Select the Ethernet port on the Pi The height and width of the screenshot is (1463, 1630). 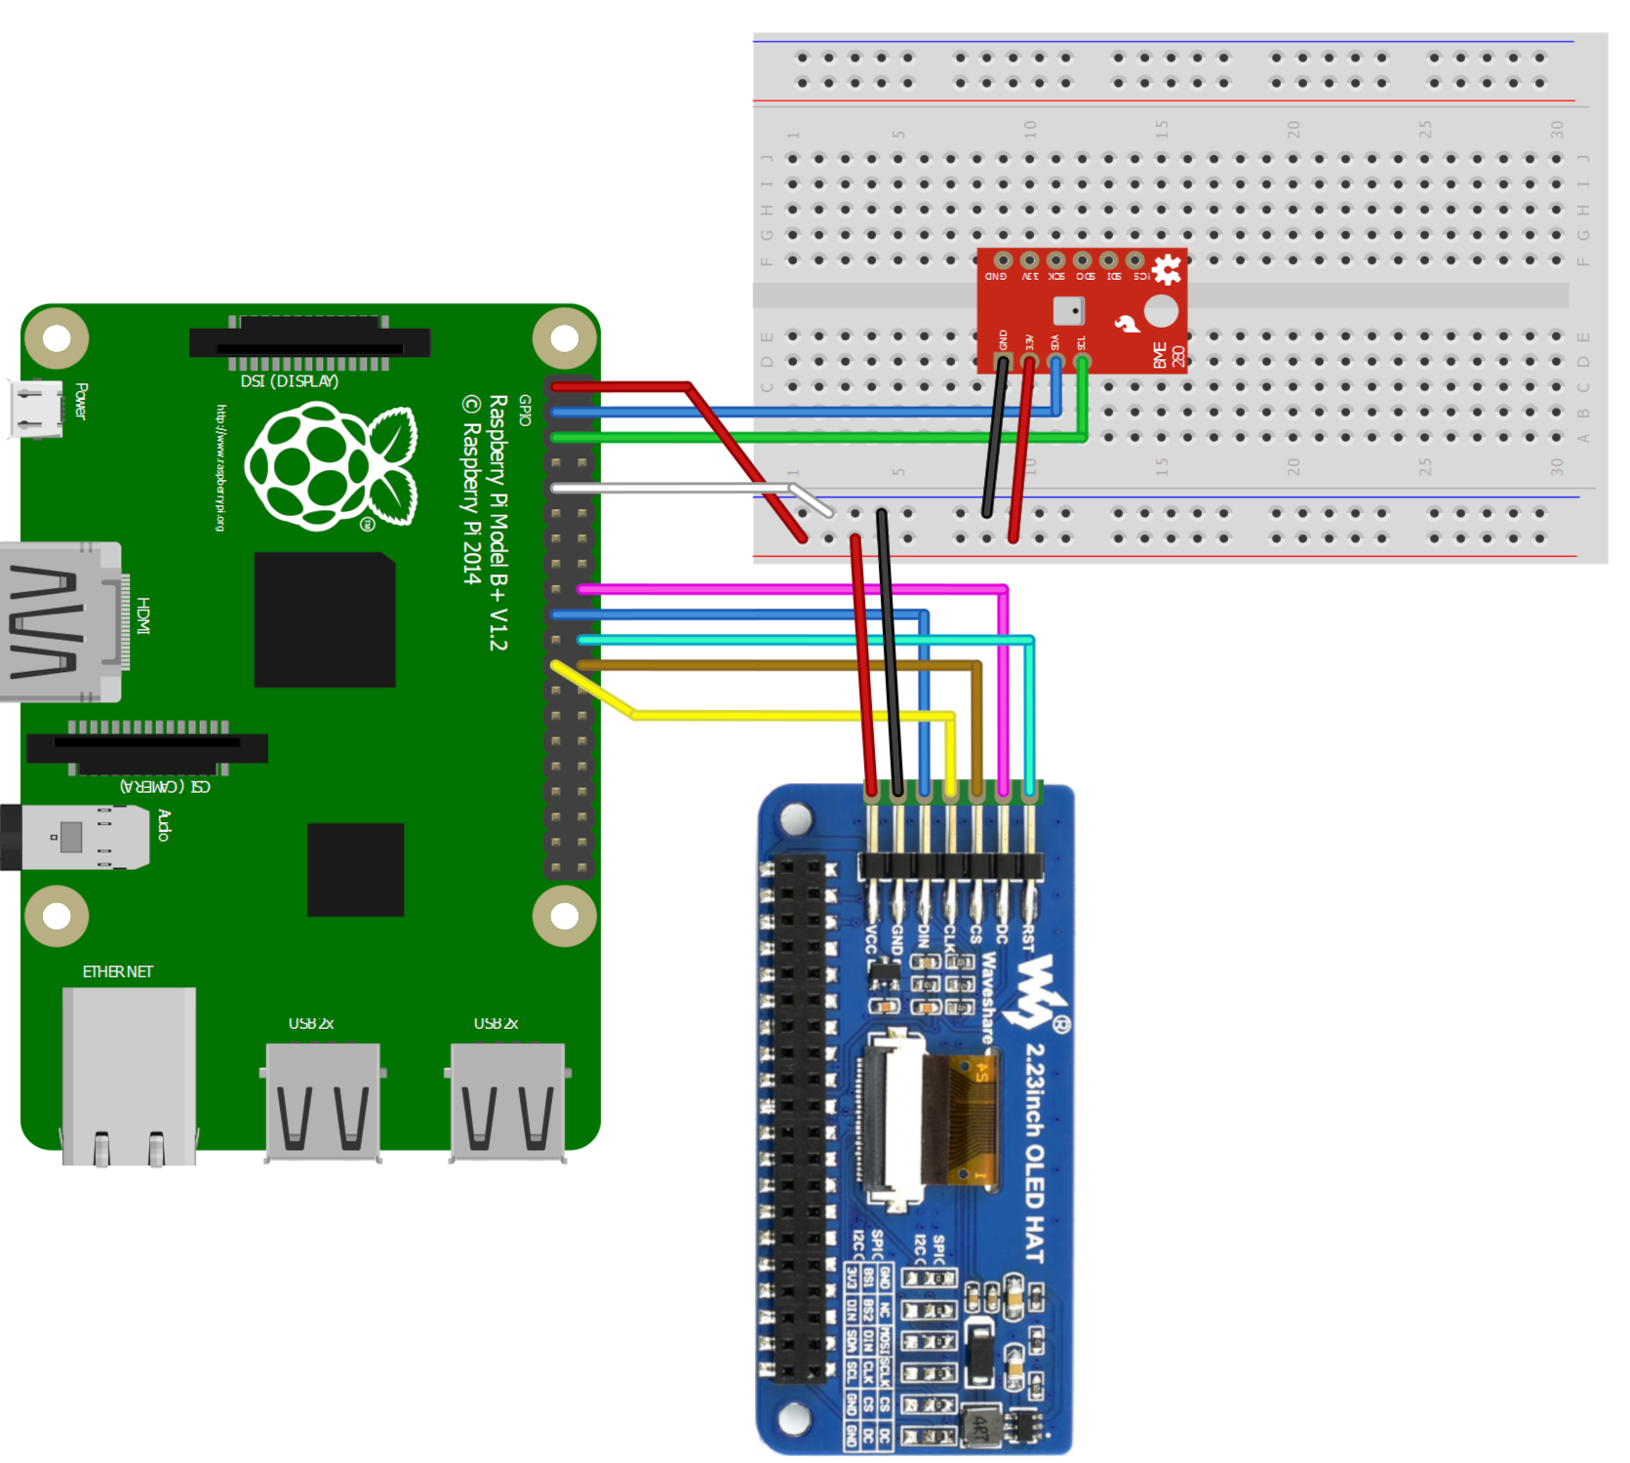click(129, 1073)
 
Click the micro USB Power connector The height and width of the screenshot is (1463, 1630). click(35, 408)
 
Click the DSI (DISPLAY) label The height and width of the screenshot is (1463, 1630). click(290, 381)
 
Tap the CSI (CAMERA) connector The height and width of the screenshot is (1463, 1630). click(146, 748)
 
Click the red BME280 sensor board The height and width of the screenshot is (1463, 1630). click(1081, 310)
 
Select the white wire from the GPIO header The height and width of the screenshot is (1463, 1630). click(673, 488)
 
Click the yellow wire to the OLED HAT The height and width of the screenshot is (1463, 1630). click(780, 716)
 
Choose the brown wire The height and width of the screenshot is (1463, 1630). click(780, 665)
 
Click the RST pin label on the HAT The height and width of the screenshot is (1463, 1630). click(1027, 938)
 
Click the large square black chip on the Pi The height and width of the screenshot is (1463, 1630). click(325, 620)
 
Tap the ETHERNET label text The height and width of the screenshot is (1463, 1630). click(117, 972)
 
